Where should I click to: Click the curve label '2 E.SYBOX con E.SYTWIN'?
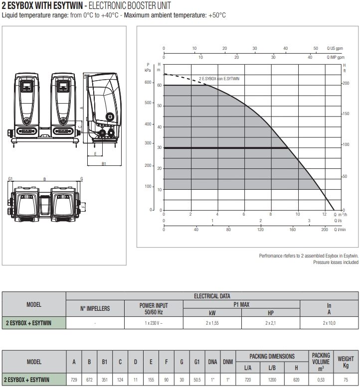coord(219,79)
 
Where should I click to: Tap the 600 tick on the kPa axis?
coord(148,82)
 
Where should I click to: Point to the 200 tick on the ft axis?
coord(346,83)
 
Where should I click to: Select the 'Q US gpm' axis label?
coord(335,48)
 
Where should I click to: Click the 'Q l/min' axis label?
coord(340,230)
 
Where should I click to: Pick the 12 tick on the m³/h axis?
coord(324,214)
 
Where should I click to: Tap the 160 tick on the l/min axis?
coord(293,230)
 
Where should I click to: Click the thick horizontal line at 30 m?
coord(226,148)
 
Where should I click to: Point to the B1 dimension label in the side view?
coord(104,163)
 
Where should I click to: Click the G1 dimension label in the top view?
coord(10,179)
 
